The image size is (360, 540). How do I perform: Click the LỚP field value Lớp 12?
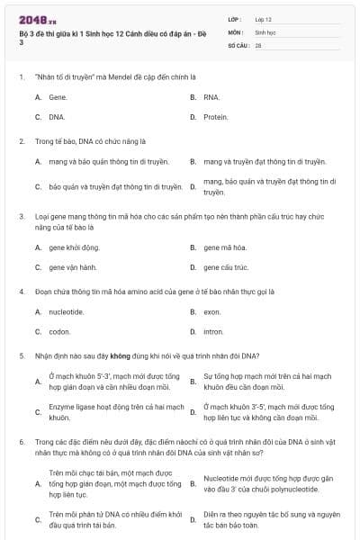pos(264,18)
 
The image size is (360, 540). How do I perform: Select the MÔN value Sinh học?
pos(265,31)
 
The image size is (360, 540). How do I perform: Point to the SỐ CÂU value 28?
pos(258,44)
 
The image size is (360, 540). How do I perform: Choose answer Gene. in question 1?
pos(58,96)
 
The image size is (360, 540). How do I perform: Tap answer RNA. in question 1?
pos(211,96)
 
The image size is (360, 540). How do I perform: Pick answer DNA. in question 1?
pos(58,117)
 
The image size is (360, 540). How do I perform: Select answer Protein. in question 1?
pos(215,117)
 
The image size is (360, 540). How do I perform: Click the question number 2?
pos(22,141)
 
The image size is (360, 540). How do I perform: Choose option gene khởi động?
pos(74,247)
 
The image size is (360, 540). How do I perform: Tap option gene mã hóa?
pos(224,247)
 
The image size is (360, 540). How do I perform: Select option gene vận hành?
pos(73,267)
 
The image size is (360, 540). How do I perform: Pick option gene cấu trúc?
pos(226,267)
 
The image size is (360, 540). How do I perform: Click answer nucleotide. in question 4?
pos(66,311)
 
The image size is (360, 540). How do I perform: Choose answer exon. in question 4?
pos(211,311)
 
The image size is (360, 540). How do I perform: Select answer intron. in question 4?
pos(212,331)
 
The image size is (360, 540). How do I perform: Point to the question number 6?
pos(22,443)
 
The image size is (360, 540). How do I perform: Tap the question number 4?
pos(22,292)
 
